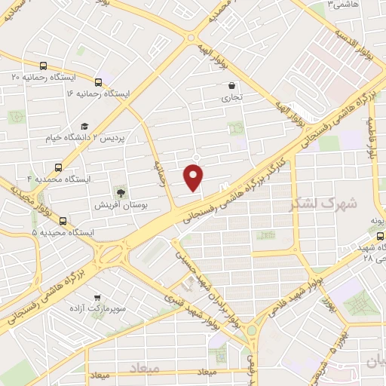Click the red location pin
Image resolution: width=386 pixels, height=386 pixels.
point(195,176)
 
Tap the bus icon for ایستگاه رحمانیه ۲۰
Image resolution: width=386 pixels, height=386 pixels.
point(43,66)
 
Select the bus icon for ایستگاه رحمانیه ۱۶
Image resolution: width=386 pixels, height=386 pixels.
point(98,82)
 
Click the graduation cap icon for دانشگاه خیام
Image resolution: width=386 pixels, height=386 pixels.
point(84,126)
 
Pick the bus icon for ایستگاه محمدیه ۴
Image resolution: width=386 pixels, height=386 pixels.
point(60,168)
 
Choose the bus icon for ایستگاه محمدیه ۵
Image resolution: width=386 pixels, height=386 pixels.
point(63,222)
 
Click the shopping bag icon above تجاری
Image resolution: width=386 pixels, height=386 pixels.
point(231,86)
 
